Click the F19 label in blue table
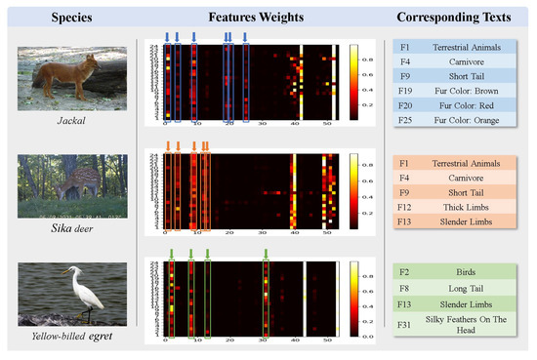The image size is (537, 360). click(402, 90)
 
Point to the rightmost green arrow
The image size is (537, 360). click(266, 255)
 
